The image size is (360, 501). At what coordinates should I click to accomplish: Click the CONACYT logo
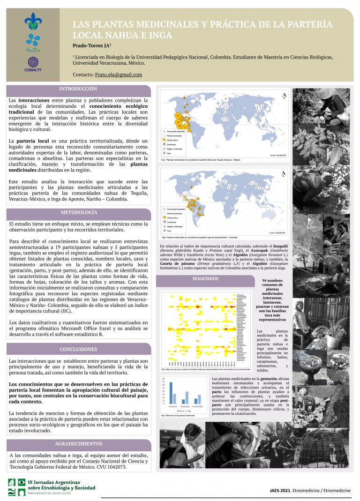tap(32, 64)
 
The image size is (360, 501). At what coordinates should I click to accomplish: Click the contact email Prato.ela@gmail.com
tap(118, 75)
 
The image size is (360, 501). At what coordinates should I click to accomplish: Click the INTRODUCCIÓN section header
tap(78, 89)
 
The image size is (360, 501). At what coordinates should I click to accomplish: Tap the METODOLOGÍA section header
tap(78, 212)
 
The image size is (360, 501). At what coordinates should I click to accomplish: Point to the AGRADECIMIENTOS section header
tap(78, 443)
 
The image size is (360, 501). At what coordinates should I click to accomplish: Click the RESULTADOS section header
tap(205, 278)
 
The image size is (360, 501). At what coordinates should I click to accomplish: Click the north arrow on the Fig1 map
tap(284, 96)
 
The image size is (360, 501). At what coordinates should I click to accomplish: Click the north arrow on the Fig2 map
tap(284, 174)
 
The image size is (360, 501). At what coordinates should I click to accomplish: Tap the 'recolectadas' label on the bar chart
tap(197, 406)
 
